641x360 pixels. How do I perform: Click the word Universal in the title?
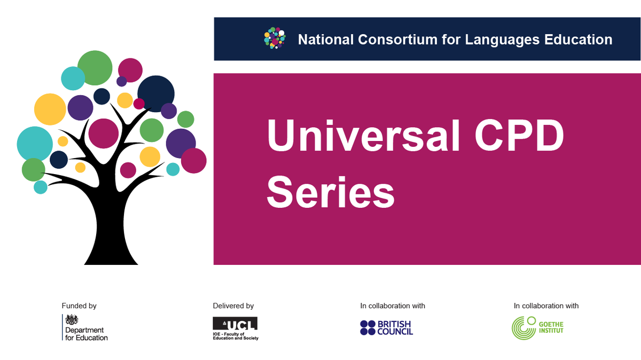coord(363,138)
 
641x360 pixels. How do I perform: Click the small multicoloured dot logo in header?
coord(275,38)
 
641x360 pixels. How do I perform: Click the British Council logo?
coord(386,327)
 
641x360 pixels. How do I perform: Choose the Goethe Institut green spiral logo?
coord(523,327)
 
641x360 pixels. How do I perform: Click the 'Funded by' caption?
coord(79,306)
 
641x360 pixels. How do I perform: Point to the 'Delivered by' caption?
coord(233,306)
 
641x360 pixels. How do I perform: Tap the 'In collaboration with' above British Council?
coord(393,306)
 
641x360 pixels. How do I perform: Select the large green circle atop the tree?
coord(95,68)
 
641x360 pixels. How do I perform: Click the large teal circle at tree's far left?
coord(35,144)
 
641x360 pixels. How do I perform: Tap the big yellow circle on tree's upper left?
coord(50,109)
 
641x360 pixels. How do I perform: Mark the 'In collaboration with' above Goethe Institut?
coord(546,306)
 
